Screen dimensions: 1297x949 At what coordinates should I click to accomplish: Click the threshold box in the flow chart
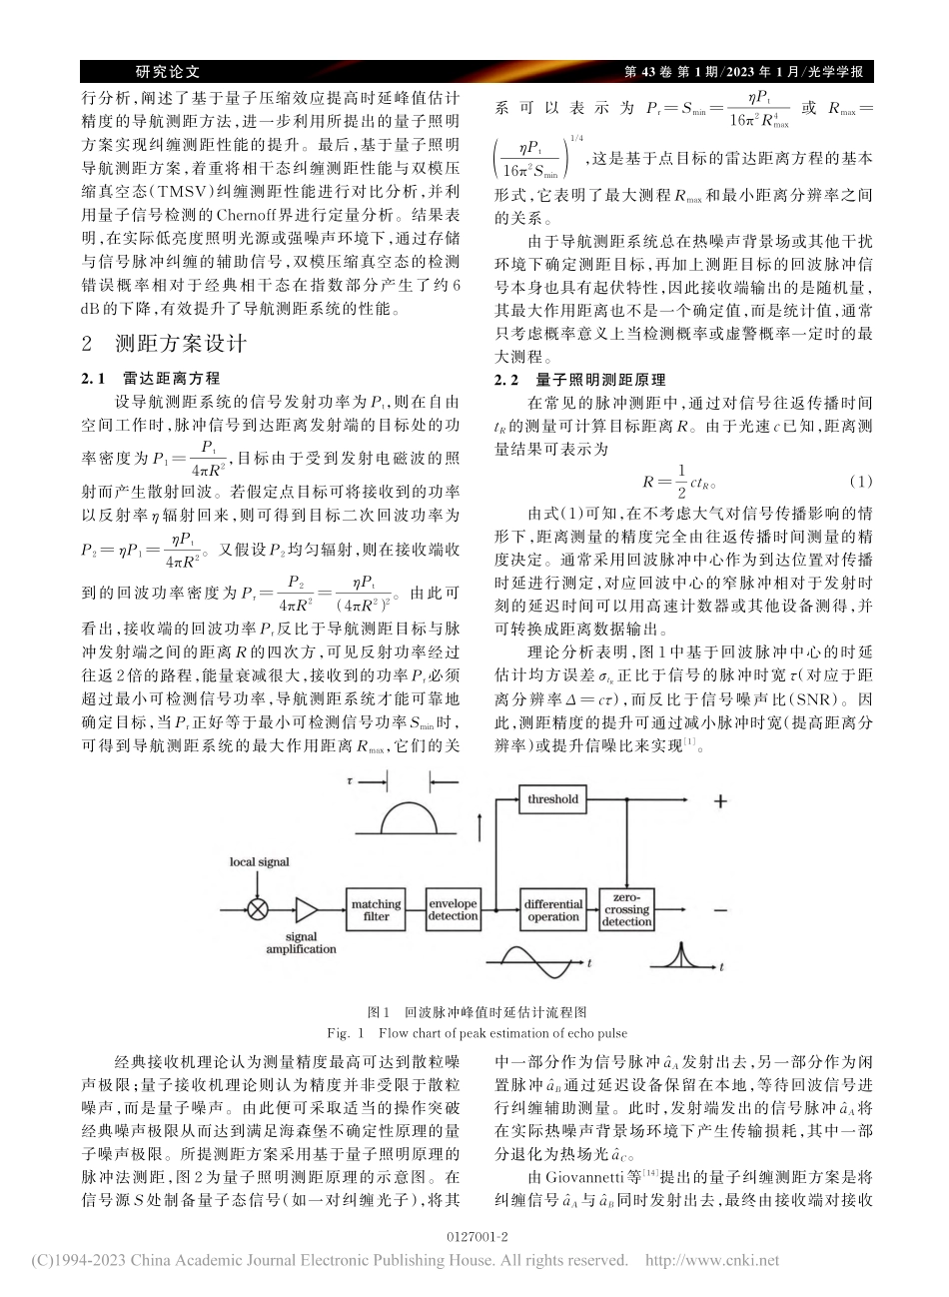pyautogui.click(x=553, y=799)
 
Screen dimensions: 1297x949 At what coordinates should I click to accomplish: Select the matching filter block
pyautogui.click(x=376, y=910)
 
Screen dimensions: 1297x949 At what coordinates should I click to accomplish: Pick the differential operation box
pyautogui.click(x=553, y=910)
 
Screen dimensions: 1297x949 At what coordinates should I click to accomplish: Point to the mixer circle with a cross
pyautogui.click(x=258, y=910)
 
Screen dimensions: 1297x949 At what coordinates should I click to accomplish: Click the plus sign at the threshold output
pyautogui.click(x=719, y=800)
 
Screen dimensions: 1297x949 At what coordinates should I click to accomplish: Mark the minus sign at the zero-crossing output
pyautogui.click(x=719, y=910)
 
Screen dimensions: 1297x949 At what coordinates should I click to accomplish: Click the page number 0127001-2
pyautogui.click(x=474, y=1237)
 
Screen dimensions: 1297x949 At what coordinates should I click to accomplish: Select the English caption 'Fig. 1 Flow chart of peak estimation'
pyautogui.click(x=474, y=1033)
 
